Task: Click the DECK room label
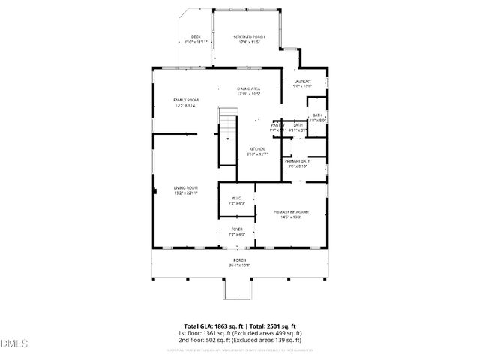196,37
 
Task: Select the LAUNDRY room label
302,81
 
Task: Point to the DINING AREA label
248,89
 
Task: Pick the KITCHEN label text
257,149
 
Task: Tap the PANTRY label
277,124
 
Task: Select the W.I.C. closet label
236,198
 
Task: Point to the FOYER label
236,229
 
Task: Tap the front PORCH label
239,259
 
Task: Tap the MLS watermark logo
13,343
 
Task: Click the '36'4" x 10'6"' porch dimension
239,265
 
